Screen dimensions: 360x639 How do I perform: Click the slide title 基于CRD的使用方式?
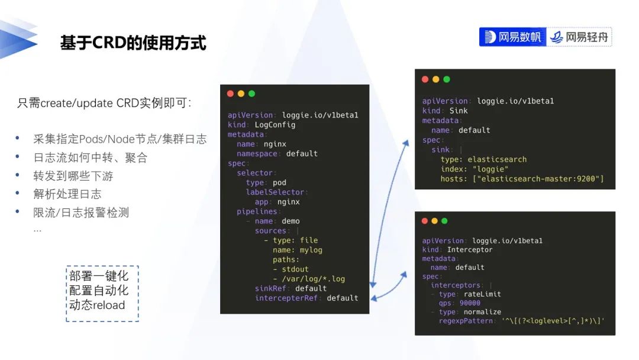[x=133, y=43]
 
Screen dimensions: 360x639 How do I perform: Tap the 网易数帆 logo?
[x=513, y=37]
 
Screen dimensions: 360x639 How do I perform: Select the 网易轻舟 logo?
[x=580, y=37]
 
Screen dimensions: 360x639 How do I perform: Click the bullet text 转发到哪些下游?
[x=73, y=176]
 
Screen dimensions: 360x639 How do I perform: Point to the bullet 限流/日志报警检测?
[x=81, y=212]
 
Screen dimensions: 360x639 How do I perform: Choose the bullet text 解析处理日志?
[x=67, y=194]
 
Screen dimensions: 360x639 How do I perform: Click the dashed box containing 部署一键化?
[x=102, y=293]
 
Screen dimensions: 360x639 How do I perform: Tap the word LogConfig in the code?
[x=275, y=125]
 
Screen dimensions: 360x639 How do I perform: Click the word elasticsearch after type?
[x=497, y=159]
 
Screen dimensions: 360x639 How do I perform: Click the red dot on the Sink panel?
[x=425, y=79]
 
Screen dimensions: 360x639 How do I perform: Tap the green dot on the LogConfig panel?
[x=251, y=94]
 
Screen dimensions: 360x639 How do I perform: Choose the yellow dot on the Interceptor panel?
[x=435, y=221]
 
